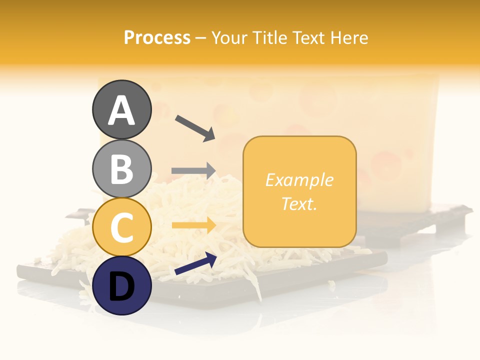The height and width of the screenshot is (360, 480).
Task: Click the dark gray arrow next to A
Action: [x=195, y=128]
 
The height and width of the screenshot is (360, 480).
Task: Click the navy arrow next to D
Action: [x=195, y=263]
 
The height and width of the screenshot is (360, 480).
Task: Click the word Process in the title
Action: [x=157, y=37]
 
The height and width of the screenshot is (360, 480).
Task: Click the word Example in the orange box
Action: [x=299, y=180]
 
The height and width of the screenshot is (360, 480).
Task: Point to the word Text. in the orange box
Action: [x=299, y=203]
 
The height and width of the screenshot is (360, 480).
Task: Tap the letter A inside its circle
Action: [x=121, y=110]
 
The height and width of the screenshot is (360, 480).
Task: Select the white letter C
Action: [x=121, y=227]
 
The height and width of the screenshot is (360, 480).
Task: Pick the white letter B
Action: [x=121, y=169]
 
